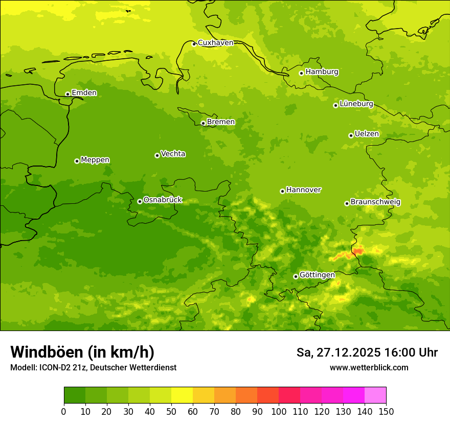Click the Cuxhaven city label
pos(215,43)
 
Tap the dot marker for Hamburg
pos(301,73)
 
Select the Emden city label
pos(84,93)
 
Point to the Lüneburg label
pos(356,104)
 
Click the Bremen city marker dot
pos(203,123)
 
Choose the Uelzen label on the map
pos(367,134)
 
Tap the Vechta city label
pos(173,154)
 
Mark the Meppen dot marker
pos(77,161)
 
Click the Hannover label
pos(303,190)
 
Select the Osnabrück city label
pos(163,200)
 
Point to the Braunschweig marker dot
pos(347,203)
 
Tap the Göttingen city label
pos(317,275)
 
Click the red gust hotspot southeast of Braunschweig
pos(358,250)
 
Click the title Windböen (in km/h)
pos(82,352)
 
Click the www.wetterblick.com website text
pos(369,367)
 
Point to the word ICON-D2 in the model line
pos(55,367)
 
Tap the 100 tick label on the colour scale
pos(279,411)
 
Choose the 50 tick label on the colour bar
pos(171,411)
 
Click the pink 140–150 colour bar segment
pos(375,395)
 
